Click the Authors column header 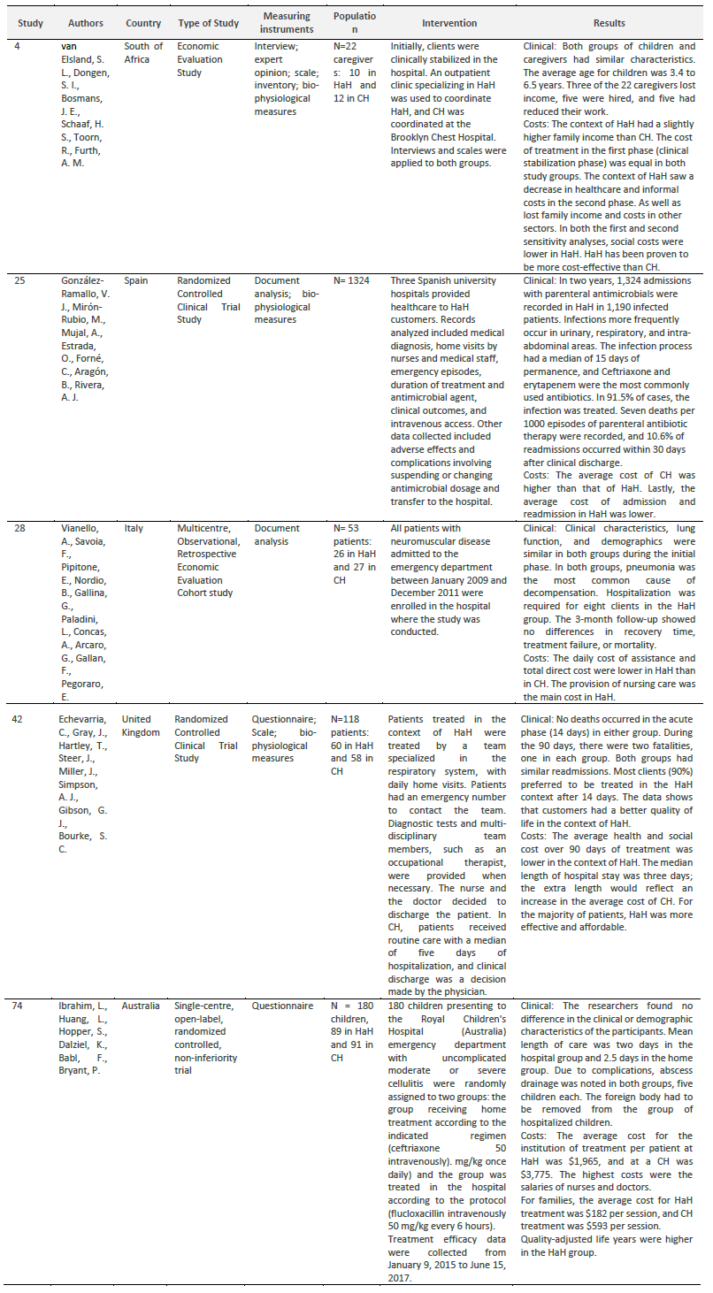tap(83, 24)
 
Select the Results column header tap(610, 24)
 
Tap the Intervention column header tap(448, 24)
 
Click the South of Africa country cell tap(143, 52)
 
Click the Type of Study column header tap(209, 24)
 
